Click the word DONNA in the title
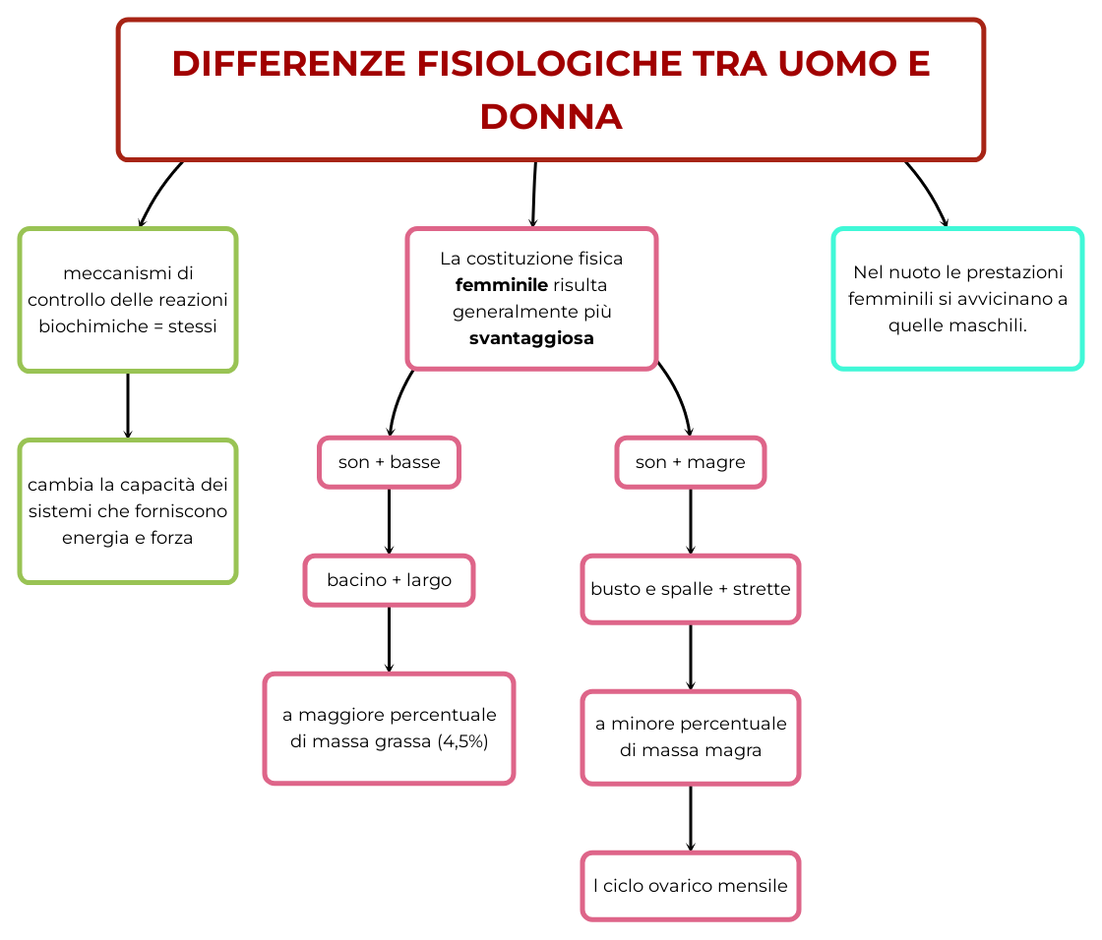click(x=551, y=117)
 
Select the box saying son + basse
click(x=389, y=462)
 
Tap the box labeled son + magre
click(x=690, y=462)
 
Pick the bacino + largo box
click(x=389, y=580)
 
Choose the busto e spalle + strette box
click(x=690, y=589)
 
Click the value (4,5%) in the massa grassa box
click(x=462, y=741)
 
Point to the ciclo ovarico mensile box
click(x=690, y=886)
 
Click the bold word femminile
click(x=502, y=286)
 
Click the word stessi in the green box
click(x=193, y=326)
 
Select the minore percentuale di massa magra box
click(x=690, y=736)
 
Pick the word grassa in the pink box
click(x=400, y=741)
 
